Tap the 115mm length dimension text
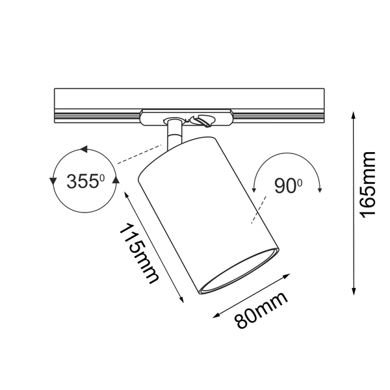tap(138, 253)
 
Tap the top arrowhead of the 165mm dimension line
tap(354, 114)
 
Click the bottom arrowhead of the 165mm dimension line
tap(354, 292)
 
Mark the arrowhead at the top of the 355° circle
tap(84, 150)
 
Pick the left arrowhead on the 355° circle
tap(53, 180)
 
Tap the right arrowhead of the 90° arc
tap(321, 189)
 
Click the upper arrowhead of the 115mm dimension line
tap(128, 193)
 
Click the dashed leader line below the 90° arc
tap(257, 212)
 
